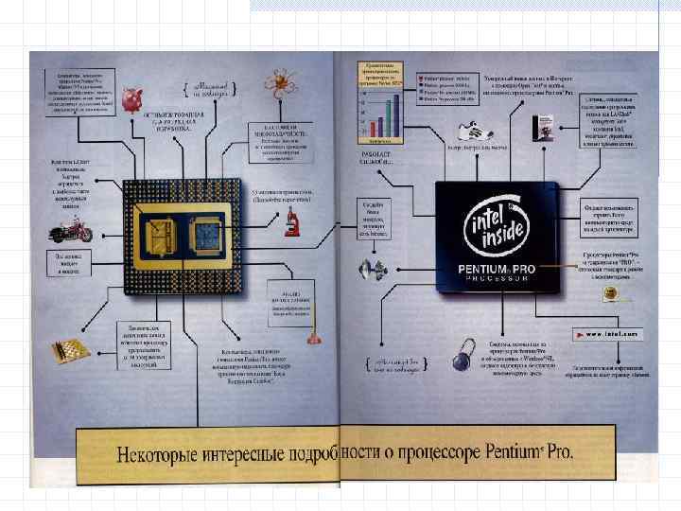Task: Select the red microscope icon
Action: tap(293, 223)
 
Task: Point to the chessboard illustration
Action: tap(71, 348)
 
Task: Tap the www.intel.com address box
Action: tap(606, 333)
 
